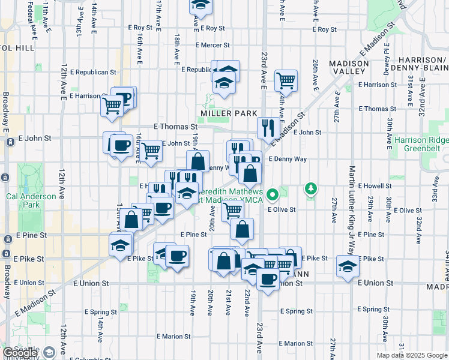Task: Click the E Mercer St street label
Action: pyautogui.click(x=212, y=45)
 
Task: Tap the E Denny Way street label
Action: pyautogui.click(x=288, y=159)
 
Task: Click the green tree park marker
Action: pyautogui.click(x=310, y=190)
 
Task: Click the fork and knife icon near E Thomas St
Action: pyautogui.click(x=268, y=127)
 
